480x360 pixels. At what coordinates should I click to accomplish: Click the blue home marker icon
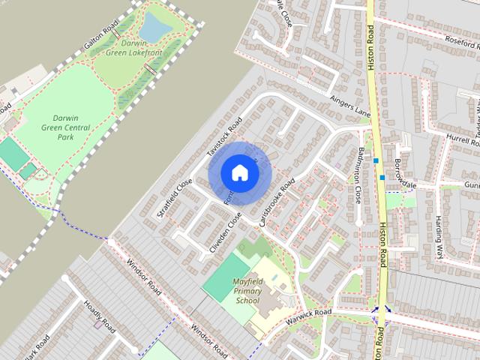pyautogui.click(x=239, y=172)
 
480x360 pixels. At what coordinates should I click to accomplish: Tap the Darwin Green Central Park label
pyautogui.click(x=64, y=127)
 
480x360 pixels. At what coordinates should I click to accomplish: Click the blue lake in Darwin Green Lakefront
pyautogui.click(x=155, y=27)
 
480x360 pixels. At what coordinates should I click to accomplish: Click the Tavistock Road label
pyautogui.click(x=224, y=138)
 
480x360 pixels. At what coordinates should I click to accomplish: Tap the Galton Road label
pyautogui.click(x=101, y=35)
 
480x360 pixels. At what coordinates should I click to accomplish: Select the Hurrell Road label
pyautogui.click(x=461, y=139)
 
